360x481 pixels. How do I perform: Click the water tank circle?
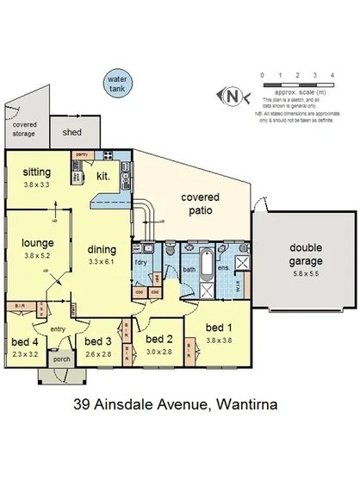(x=115, y=83)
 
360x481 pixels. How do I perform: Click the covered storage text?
(x=24, y=129)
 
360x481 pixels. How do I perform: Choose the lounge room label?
(x=38, y=243)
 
